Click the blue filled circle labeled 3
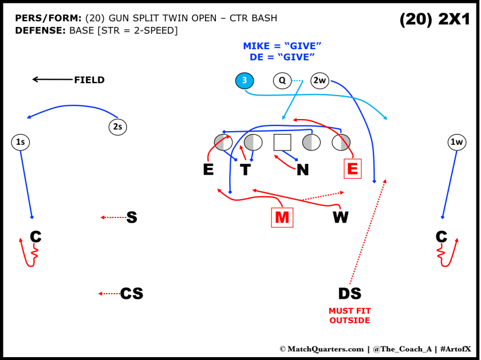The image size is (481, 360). pos(245,81)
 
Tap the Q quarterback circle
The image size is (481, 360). pos(282,81)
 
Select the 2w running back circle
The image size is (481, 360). pos(320,81)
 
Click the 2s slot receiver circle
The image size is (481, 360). pos(117,127)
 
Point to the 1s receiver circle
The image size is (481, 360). pos(20,142)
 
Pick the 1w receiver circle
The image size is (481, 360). pos(457,142)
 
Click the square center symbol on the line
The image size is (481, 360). pos(283,142)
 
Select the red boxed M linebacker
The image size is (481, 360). pos(282,217)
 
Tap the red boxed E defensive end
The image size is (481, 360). pos(352,168)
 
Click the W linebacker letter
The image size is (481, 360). pos(341,217)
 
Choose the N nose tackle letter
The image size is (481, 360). pos(303,169)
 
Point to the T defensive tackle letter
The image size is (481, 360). pos(245,169)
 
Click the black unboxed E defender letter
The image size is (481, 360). pos(208,169)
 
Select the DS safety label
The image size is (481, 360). pos(349,294)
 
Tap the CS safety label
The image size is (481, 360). pos(132,294)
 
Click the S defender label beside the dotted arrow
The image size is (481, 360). pos(132,217)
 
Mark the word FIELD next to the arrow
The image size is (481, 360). pos(89,80)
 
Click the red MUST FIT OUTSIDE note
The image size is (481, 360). pos(349,315)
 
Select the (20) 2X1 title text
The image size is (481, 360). pos(435,20)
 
